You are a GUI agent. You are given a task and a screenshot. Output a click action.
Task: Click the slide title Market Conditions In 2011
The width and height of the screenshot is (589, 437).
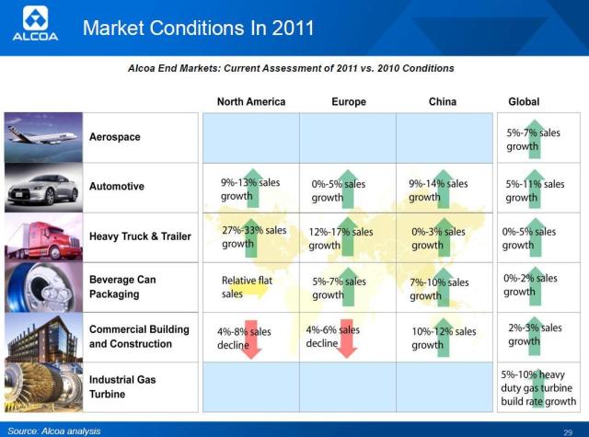coord(198,28)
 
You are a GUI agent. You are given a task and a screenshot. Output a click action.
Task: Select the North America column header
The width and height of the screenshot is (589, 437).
coord(250,101)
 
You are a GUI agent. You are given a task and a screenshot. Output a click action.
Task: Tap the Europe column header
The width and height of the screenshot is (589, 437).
coord(349,101)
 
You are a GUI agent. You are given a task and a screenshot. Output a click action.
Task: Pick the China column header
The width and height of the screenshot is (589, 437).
coord(443,101)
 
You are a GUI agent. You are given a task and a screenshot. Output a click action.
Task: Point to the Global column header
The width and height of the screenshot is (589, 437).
coord(524,101)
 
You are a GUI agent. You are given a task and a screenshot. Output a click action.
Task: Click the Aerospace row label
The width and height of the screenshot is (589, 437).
coord(115,137)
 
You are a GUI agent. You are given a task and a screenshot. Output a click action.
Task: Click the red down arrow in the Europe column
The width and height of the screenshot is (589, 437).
coord(347,338)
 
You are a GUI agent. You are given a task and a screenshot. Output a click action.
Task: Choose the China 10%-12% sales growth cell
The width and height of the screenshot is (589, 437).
coord(444,338)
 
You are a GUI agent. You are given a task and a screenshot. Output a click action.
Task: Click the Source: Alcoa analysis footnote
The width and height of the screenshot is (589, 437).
coord(53,431)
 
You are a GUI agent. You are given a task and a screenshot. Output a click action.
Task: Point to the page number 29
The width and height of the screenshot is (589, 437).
coord(568,431)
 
